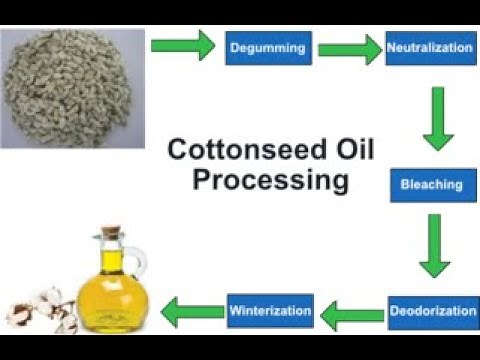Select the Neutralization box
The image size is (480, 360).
[430, 47]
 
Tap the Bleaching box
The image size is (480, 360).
[431, 185]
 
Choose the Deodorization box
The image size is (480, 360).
[432, 311]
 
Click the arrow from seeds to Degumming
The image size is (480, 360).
[183, 44]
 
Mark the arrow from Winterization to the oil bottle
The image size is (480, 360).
[192, 310]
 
